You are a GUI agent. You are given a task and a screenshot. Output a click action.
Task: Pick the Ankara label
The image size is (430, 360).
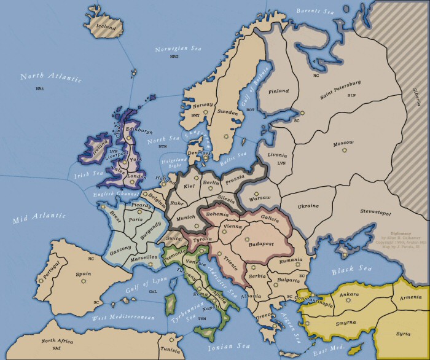pos(348,294)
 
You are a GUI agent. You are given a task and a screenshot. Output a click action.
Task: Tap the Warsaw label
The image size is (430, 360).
pos(260,199)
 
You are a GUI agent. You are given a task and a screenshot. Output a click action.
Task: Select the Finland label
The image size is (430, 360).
pos(278,91)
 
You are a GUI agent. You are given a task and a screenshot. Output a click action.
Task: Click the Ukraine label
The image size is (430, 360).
pos(309,206)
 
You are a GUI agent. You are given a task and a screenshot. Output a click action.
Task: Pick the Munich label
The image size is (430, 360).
pos(185,217)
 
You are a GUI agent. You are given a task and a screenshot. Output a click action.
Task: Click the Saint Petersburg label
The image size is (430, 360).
pos(340,88)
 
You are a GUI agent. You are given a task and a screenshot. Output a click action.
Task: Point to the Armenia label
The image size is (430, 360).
pos(410,298)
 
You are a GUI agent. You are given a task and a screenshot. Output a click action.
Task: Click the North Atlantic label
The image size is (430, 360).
pos(42,77)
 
